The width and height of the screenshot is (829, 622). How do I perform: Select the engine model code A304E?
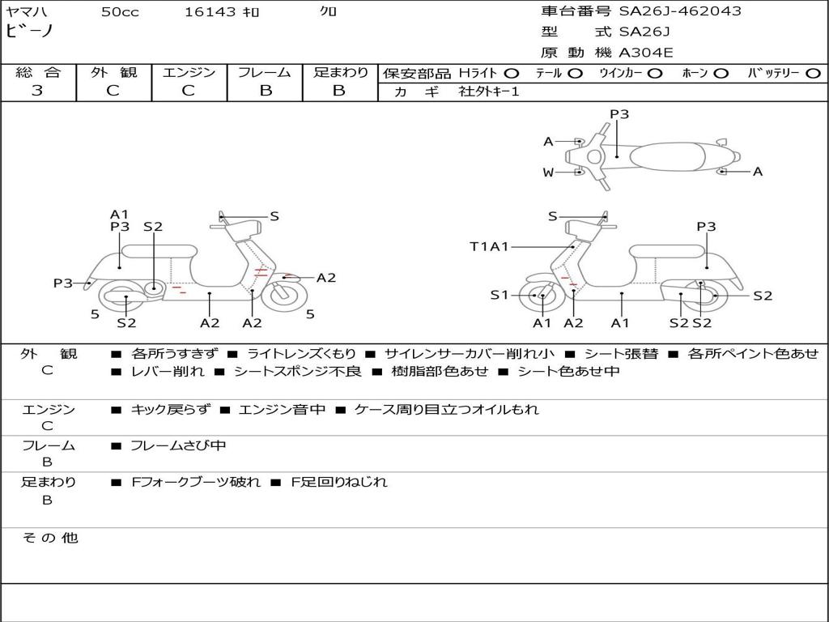point(646,53)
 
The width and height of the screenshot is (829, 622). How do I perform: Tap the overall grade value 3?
point(37,91)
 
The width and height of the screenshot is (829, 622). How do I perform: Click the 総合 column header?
point(37,72)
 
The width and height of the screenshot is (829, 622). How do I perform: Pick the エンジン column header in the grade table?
point(189,72)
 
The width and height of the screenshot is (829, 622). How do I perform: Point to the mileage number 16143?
point(210,11)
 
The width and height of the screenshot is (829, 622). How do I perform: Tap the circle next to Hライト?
point(512,73)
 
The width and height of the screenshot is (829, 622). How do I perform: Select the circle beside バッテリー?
point(813,73)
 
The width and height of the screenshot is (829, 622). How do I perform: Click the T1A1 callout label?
point(489,246)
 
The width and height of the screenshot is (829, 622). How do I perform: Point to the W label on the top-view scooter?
point(548,172)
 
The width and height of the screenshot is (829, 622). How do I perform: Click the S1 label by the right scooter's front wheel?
point(499,295)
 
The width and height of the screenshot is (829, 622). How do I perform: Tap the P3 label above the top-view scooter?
point(619,114)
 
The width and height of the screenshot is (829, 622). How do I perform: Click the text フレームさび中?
point(178,445)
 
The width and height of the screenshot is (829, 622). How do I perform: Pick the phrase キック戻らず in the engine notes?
point(169,410)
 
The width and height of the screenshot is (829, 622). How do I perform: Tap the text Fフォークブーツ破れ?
point(196,482)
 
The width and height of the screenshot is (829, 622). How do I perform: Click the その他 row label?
point(49,538)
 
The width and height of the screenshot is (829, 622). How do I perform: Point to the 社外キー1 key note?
point(489,92)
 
